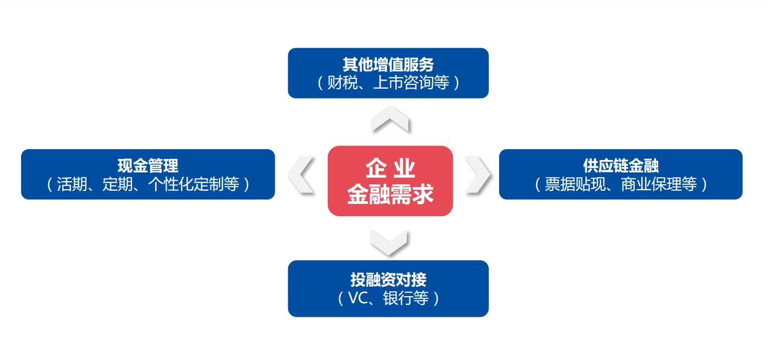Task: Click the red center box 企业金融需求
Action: [390, 181]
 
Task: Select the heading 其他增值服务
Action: [388, 65]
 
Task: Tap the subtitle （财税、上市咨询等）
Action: [388, 83]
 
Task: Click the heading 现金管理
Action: [148, 166]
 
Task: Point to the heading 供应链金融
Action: [620, 166]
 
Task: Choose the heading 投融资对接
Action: [388, 279]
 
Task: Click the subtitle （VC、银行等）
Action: [388, 298]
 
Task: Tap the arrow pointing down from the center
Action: [389, 242]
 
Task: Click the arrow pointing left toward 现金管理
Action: [302, 175]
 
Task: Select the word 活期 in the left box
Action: [71, 184]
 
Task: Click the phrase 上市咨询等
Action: [412, 83]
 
